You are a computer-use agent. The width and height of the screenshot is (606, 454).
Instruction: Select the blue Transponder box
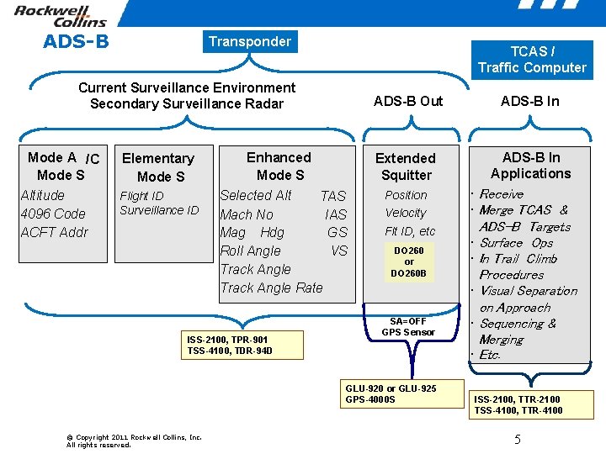tap(249, 41)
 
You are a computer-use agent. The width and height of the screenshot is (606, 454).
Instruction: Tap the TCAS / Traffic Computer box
tap(531, 60)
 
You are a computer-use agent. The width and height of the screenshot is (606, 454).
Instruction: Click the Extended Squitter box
tap(406, 166)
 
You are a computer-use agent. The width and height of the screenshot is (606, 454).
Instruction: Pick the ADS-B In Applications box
tap(530, 166)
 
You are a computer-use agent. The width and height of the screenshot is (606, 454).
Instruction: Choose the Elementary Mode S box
tap(158, 167)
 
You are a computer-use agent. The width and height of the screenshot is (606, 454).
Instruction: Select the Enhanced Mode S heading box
tap(279, 166)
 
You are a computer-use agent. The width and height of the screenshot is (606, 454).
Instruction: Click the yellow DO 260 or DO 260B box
tap(409, 261)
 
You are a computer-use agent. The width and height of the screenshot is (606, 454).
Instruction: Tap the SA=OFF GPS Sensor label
tap(408, 327)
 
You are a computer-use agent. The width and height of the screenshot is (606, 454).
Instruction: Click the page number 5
tap(518, 440)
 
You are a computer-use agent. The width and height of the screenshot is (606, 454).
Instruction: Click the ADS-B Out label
tap(407, 101)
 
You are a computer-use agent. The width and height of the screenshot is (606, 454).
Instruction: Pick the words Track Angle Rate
tap(271, 288)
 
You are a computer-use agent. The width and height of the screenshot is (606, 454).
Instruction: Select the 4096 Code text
tap(53, 214)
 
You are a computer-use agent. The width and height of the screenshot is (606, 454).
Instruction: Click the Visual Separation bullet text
tap(528, 291)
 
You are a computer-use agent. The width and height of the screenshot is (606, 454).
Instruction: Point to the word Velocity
tap(406, 214)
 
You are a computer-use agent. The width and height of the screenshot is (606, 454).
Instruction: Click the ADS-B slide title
tap(76, 40)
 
